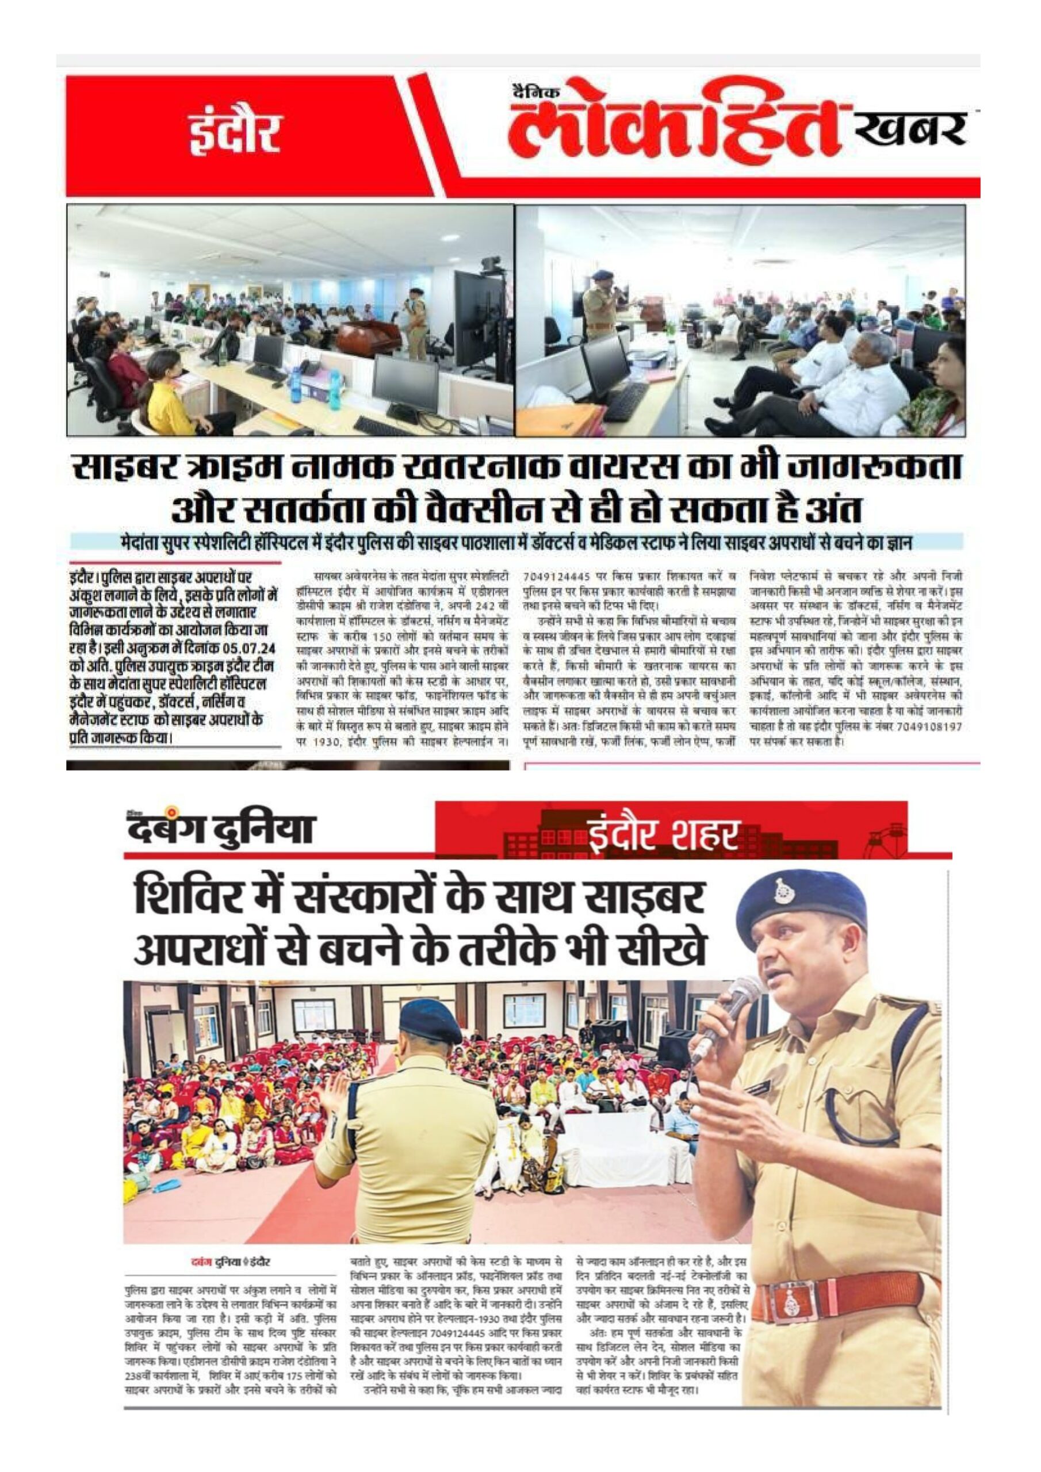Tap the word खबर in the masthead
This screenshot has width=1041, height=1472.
pyautogui.click(x=912, y=128)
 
